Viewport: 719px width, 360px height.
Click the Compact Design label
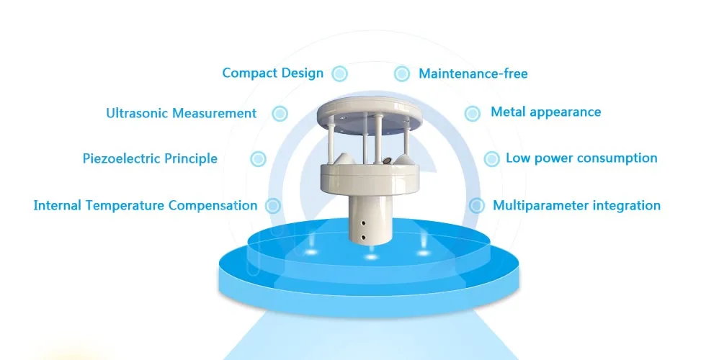pos(272,73)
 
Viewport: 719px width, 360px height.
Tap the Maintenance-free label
pos(473,74)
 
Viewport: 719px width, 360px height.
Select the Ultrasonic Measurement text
pos(181,114)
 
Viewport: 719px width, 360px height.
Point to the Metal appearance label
pos(545,112)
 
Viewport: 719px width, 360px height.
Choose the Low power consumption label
pos(581,158)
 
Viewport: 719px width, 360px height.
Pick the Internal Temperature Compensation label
pos(145,206)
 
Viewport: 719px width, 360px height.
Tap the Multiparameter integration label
pos(576,206)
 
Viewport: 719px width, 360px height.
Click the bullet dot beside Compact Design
pos(340,73)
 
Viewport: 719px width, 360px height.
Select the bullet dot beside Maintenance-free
pos(401,74)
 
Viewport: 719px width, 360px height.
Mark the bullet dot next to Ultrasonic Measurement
pos(280,114)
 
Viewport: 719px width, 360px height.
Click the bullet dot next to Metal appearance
pos(472,113)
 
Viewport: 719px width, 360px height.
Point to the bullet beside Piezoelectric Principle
pos(257,159)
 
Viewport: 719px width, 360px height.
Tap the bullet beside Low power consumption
pos(491,158)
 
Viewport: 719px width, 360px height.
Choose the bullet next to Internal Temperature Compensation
pos(272,206)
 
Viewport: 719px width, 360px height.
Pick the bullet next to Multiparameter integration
pos(476,206)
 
